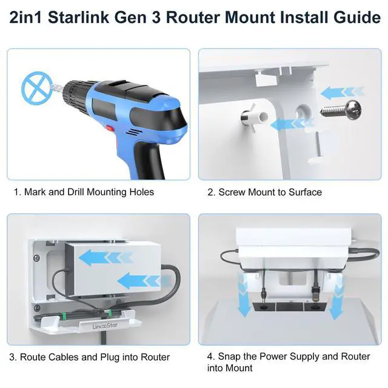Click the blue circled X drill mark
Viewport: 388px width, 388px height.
(37, 88)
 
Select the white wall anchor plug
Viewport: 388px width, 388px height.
(254, 117)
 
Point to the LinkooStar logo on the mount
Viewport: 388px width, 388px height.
(105, 326)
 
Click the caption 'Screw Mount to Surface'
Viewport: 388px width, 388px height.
(270, 192)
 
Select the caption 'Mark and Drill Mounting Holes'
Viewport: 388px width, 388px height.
(89, 192)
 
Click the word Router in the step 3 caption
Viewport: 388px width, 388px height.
(155, 357)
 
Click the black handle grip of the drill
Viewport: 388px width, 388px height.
(148, 160)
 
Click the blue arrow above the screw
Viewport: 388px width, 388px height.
(343, 93)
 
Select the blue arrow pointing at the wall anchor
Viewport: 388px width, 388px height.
(292, 124)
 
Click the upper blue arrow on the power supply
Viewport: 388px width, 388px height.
(106, 258)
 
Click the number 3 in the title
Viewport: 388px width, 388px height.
(156, 18)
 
